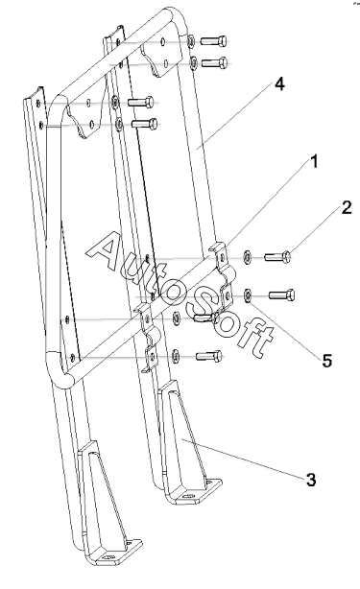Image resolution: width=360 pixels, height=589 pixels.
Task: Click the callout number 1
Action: (x=313, y=161)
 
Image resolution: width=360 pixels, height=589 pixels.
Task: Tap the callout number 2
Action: (x=347, y=208)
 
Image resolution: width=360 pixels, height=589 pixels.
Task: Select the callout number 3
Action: (x=311, y=480)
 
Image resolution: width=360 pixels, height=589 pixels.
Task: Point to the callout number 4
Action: (x=279, y=84)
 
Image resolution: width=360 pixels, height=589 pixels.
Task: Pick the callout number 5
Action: (x=327, y=361)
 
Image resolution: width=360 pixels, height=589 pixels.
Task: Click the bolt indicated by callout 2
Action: (x=277, y=257)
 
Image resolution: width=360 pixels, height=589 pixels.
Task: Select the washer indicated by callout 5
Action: (x=248, y=294)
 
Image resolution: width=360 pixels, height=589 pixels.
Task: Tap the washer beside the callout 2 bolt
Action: (x=248, y=256)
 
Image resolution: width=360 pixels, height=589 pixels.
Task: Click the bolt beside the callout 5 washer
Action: (x=281, y=294)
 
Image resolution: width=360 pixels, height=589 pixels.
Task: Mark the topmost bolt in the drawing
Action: (x=213, y=40)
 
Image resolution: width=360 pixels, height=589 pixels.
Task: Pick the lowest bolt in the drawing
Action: (x=209, y=355)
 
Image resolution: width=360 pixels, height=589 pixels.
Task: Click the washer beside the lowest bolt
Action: (x=175, y=355)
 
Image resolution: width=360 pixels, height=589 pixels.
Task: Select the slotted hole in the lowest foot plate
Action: (x=110, y=557)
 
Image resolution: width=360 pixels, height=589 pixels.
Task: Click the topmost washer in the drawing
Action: (x=191, y=40)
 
